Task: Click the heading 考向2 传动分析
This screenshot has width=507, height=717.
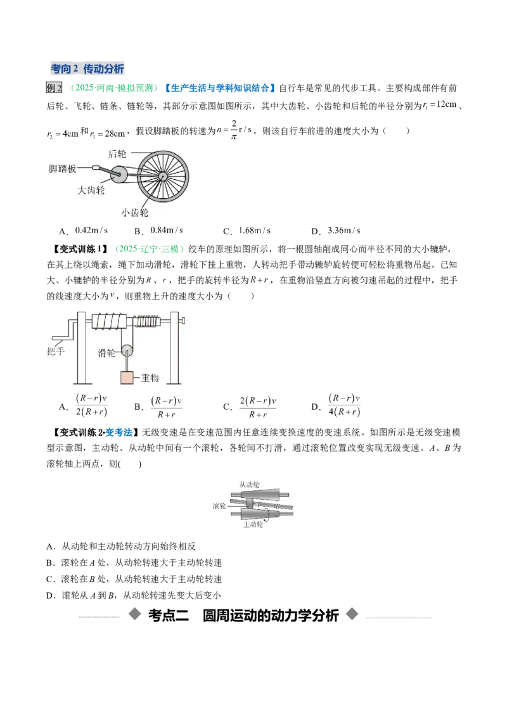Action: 87,69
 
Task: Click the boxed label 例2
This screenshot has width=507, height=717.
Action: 54,88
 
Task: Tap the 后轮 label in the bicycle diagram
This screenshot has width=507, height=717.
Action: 117,154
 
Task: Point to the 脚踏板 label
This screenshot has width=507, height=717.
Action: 62,168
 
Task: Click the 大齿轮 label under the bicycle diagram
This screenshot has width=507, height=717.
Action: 91,190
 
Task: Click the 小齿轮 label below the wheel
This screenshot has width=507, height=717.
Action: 135,213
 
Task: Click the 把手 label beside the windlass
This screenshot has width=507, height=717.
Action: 56,351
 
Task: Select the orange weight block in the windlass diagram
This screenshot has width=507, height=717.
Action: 127,378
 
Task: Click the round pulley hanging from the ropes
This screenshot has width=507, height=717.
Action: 127,351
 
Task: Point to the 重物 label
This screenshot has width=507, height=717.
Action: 150,378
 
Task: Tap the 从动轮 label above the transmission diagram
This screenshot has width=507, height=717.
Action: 250,485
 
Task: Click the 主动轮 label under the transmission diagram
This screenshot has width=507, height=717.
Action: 253,524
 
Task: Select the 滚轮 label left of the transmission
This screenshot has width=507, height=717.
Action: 220,505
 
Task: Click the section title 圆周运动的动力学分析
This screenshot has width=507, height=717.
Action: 271,616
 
